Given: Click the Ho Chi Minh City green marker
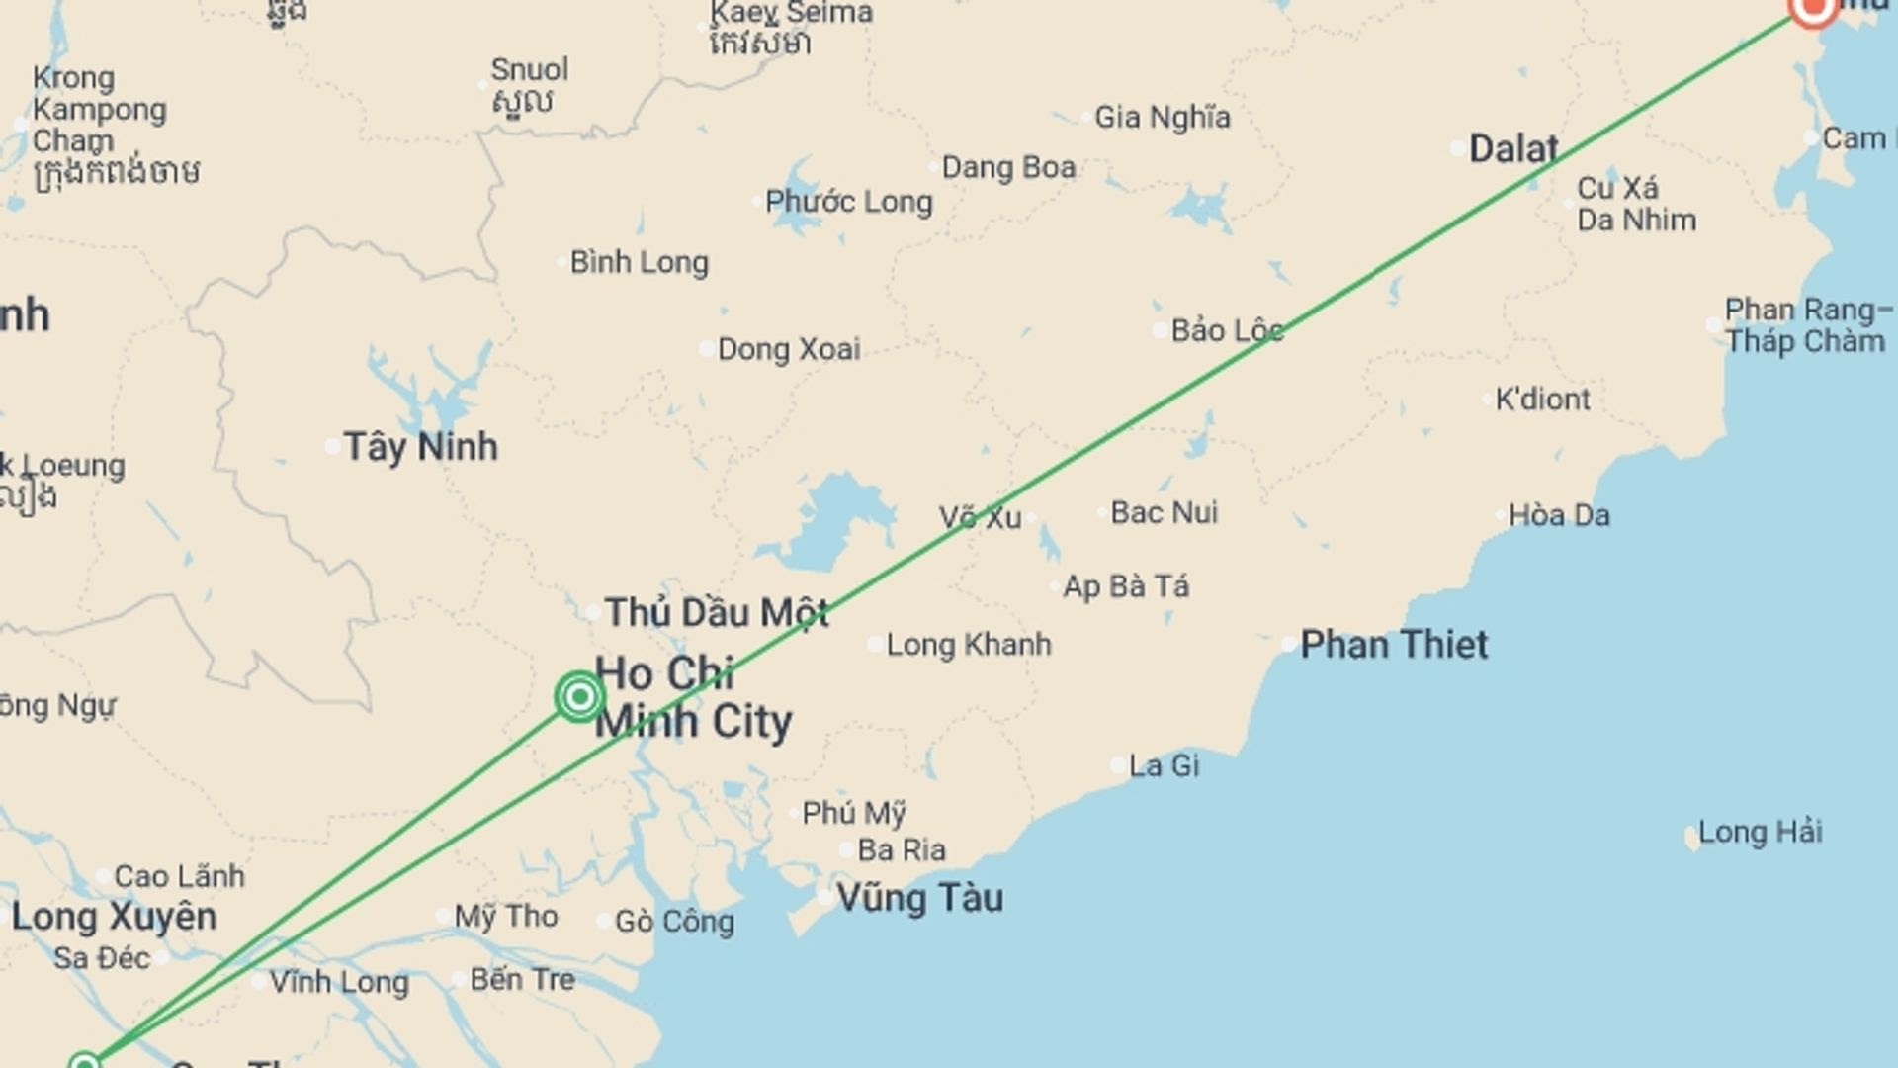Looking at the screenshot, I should pyautogui.click(x=579, y=697).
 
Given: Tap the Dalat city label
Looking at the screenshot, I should pyautogui.click(x=1512, y=149).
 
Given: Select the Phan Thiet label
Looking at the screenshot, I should pyautogui.click(x=1393, y=645).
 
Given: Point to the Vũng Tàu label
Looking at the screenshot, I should pyautogui.click(x=919, y=898).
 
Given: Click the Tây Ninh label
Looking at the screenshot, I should pyautogui.click(x=420, y=447).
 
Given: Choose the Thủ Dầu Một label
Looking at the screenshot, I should pyautogui.click(x=717, y=613).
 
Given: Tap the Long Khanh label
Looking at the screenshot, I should pyautogui.click(x=968, y=645).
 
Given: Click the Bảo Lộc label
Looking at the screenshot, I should pyautogui.click(x=1227, y=330).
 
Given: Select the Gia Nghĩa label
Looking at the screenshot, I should pyautogui.click(x=1162, y=118).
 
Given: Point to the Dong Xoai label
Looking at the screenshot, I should pyautogui.click(x=788, y=349).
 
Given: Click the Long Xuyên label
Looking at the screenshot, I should pyautogui.click(x=114, y=917).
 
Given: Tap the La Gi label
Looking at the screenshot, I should pyautogui.click(x=1164, y=765).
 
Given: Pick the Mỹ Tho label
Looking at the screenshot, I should pyautogui.click(x=505, y=917).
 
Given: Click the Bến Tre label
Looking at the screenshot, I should pyautogui.click(x=522, y=980).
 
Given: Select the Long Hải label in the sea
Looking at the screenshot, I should pyautogui.click(x=1760, y=833).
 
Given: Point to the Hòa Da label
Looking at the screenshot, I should pyautogui.click(x=1558, y=515).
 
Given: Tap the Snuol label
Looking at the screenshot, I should pyautogui.click(x=529, y=70).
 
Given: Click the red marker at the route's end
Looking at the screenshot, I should pyautogui.click(x=1813, y=8).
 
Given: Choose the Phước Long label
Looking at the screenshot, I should pyautogui.click(x=848, y=202).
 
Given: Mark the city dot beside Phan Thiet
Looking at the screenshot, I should pyautogui.click(x=1289, y=645).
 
